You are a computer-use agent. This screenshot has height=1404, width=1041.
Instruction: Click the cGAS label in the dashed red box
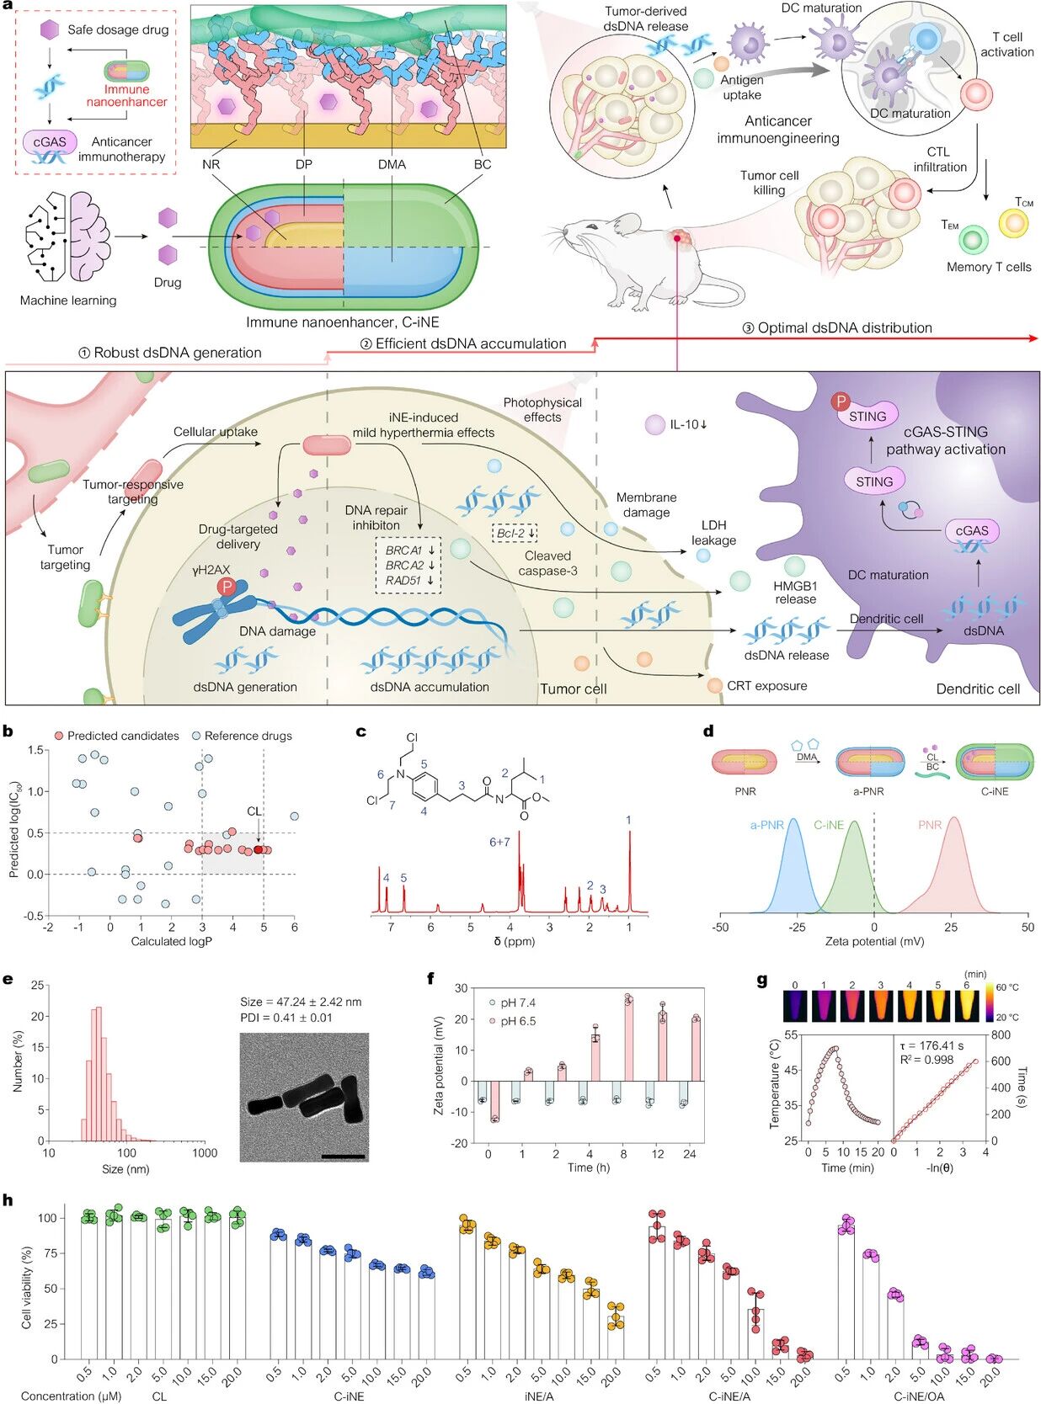[x=50, y=141]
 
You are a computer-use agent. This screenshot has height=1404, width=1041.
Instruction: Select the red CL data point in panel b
[x=259, y=849]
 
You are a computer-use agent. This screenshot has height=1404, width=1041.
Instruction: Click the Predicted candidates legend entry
[x=116, y=736]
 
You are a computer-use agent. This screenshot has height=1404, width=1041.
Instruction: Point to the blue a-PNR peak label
[x=766, y=825]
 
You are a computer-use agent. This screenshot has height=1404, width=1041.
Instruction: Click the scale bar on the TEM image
[x=344, y=1157]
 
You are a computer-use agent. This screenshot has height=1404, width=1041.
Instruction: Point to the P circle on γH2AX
[x=226, y=587]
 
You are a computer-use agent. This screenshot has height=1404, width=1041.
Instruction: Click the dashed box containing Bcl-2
[x=515, y=533]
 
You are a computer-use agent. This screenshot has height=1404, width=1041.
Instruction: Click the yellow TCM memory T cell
[x=1013, y=223]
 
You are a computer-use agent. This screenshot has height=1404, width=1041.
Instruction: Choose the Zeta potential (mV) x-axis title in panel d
[x=873, y=941]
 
